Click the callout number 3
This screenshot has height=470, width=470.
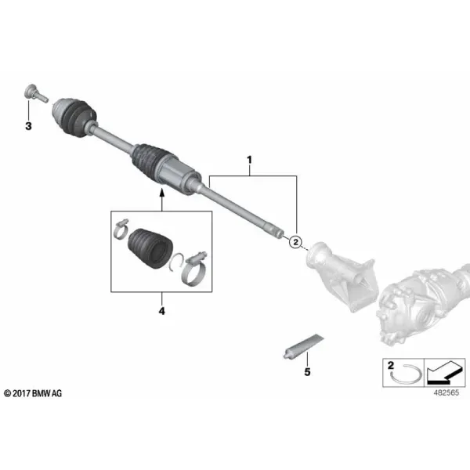pyautogui.click(x=28, y=126)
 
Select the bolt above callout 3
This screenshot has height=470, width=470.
pyautogui.click(x=36, y=93)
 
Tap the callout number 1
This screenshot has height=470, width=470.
pyautogui.click(x=249, y=160)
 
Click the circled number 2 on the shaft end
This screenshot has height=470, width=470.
pyautogui.click(x=295, y=241)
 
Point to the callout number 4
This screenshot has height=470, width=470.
pyautogui.click(x=162, y=311)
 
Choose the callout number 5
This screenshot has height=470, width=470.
pyautogui.click(x=307, y=372)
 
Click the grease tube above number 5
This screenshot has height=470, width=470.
pyautogui.click(x=303, y=346)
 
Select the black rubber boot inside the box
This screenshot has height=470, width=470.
pyautogui.click(x=150, y=248)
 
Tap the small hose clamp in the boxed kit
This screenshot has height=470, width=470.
pyautogui.click(x=121, y=229)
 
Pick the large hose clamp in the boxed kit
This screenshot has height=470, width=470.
pyautogui.click(x=193, y=269)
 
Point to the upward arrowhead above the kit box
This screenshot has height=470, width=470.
pyautogui.click(x=162, y=192)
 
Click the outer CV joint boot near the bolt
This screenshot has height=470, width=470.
pyautogui.click(x=75, y=117)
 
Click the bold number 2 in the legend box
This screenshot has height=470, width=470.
pyautogui.click(x=391, y=365)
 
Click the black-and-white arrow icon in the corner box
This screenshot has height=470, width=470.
pyautogui.click(x=445, y=373)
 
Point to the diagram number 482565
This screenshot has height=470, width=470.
pyautogui.click(x=446, y=392)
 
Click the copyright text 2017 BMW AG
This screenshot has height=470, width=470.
pyautogui.click(x=33, y=393)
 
